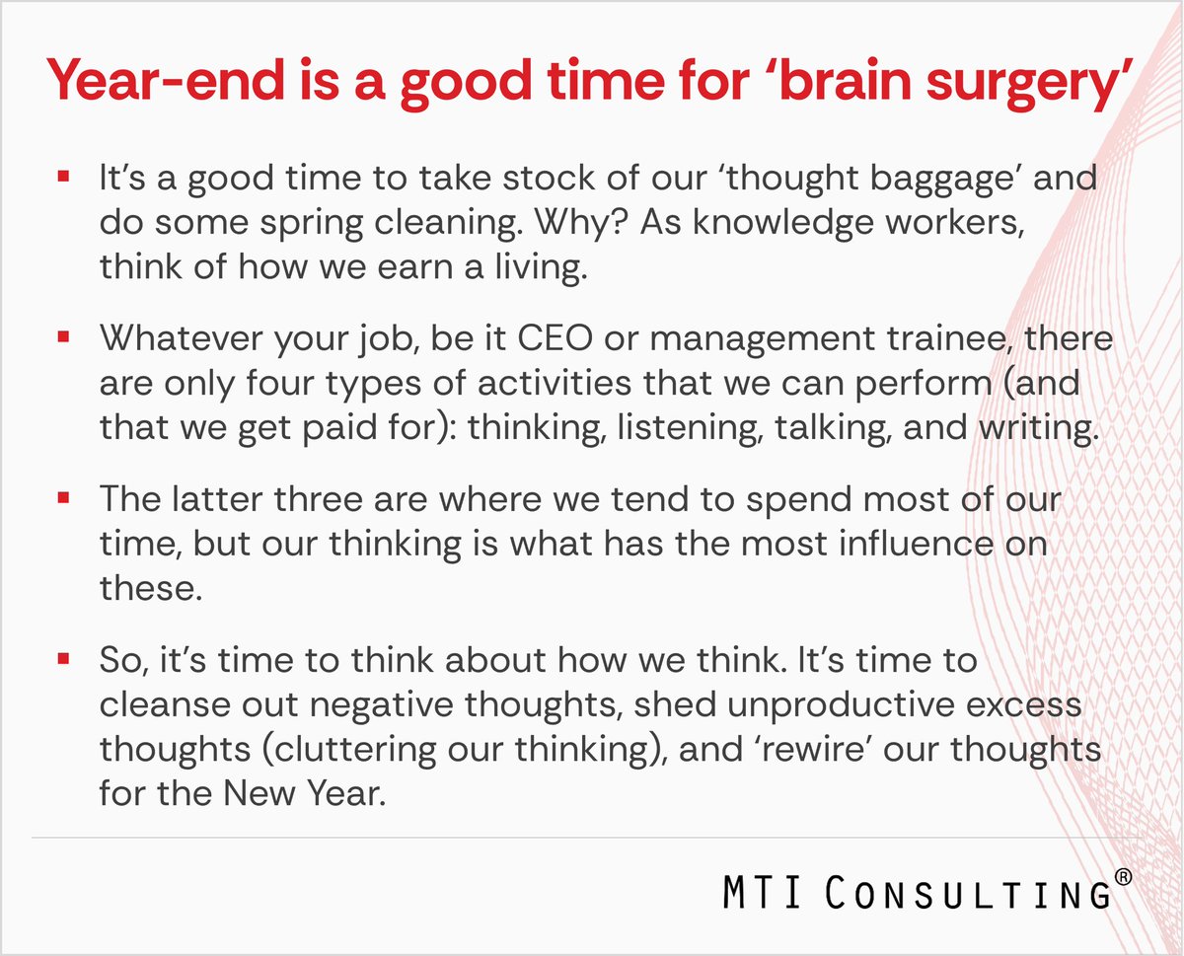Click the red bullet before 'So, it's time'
point(63,659)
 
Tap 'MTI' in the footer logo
point(763,892)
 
